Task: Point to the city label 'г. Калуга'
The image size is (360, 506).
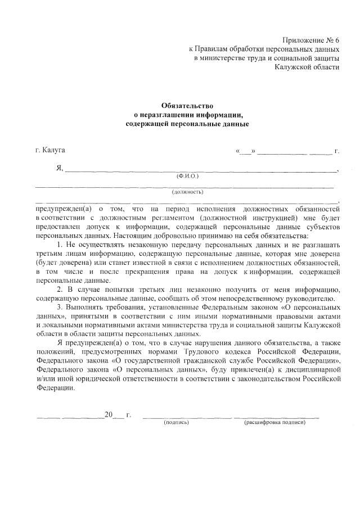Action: click(x=49, y=150)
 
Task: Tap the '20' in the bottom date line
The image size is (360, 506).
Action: click(x=108, y=415)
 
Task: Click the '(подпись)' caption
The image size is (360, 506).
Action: click(x=176, y=422)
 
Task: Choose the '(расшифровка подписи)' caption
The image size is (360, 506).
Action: click(x=274, y=422)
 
